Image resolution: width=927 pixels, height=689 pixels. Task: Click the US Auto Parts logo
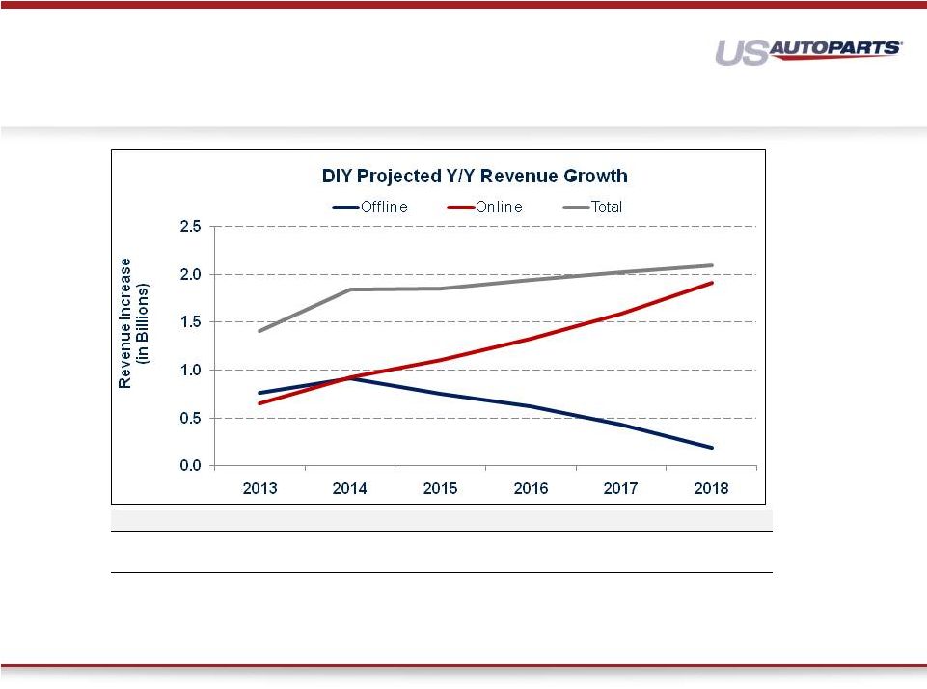point(808,51)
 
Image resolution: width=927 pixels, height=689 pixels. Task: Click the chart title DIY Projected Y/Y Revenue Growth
point(474,177)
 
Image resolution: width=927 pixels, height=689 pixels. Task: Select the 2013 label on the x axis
point(259,489)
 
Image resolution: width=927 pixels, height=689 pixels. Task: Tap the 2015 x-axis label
point(441,489)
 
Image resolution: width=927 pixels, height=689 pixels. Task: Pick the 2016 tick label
point(531,489)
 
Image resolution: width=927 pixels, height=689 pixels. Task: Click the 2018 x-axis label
point(712,489)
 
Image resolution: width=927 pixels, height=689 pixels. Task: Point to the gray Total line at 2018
point(712,265)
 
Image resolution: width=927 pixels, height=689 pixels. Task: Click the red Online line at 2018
point(712,283)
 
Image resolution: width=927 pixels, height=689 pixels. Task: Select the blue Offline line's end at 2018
point(712,448)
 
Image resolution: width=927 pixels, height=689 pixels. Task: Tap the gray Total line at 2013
point(259,331)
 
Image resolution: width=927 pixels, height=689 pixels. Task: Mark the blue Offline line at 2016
point(531,406)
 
